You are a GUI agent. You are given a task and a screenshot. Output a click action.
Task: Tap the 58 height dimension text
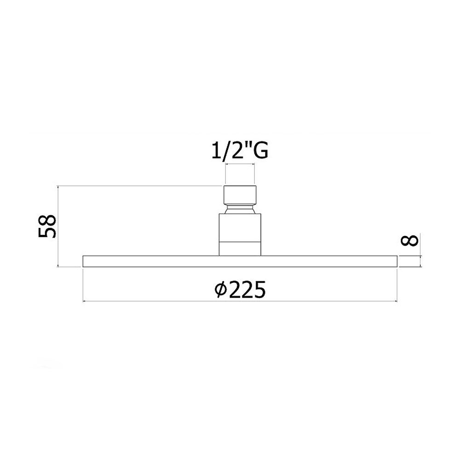[x=47, y=226]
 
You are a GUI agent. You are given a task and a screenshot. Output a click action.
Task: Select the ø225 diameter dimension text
[x=240, y=289]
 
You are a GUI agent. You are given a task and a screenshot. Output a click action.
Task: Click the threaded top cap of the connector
[x=240, y=195]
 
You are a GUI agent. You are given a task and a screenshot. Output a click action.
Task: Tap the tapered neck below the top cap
[x=240, y=209]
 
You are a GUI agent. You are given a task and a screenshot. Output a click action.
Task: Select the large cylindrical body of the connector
[x=240, y=228]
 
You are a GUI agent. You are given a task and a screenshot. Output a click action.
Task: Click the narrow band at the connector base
[x=240, y=249]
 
